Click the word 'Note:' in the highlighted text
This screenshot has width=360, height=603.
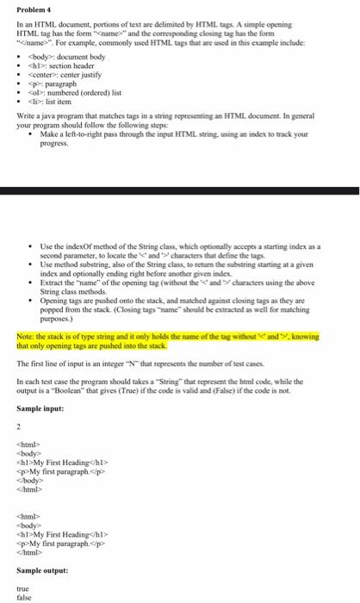tap(27, 311)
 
